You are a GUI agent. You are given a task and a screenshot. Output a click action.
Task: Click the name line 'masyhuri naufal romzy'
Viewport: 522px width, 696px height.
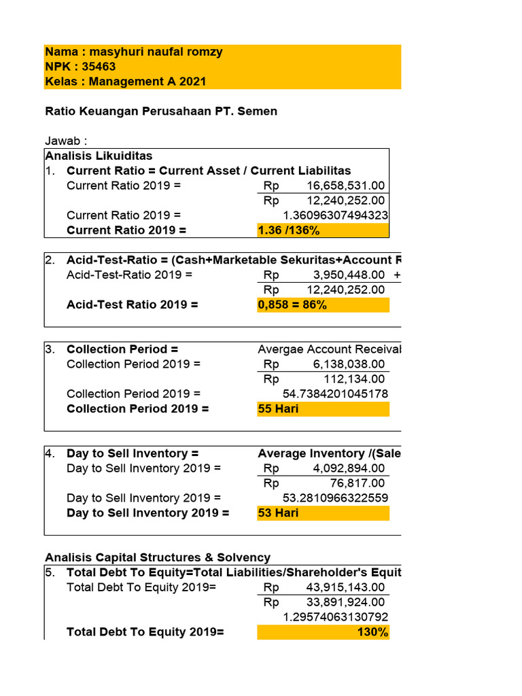[x=133, y=52]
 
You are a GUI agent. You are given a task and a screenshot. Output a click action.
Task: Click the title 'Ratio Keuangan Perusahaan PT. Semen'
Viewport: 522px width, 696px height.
[x=161, y=111]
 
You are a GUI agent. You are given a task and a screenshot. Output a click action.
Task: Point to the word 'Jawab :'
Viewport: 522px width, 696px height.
[x=66, y=141]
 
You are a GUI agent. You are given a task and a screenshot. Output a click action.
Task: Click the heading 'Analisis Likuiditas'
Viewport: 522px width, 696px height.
[x=99, y=156]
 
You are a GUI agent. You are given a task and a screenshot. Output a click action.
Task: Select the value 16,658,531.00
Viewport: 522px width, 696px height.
[x=345, y=186]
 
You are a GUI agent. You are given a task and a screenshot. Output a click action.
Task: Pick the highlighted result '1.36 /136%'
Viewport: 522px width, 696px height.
[x=289, y=230]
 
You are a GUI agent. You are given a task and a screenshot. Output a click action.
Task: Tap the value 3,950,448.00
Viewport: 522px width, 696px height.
[x=349, y=275]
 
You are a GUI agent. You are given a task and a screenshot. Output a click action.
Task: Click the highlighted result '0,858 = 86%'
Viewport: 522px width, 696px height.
[x=292, y=304]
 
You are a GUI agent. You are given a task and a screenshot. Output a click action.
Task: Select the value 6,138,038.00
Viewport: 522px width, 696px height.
[x=349, y=364]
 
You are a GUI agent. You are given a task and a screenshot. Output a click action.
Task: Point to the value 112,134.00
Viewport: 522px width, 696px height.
[x=353, y=379]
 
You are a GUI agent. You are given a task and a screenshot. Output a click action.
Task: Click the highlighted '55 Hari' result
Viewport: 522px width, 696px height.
[x=278, y=408]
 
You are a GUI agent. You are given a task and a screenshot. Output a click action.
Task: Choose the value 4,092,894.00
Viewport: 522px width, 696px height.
[x=349, y=468]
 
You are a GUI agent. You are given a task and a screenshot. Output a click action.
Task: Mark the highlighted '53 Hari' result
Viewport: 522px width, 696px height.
[x=278, y=512]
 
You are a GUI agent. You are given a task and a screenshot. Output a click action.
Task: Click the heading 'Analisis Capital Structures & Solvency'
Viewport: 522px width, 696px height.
[x=158, y=557]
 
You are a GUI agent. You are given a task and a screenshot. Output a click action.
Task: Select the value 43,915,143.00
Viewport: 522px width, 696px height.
[x=345, y=587]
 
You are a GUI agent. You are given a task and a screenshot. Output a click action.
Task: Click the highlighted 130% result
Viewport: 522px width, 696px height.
[x=374, y=632]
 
